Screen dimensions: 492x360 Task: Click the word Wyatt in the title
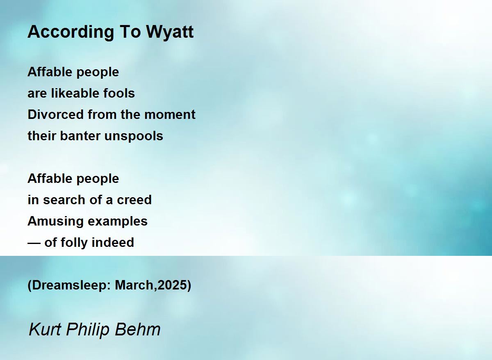point(170,32)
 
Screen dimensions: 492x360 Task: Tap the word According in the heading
point(71,32)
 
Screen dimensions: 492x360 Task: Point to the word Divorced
point(56,114)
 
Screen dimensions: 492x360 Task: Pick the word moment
point(170,115)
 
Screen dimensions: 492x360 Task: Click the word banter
point(80,136)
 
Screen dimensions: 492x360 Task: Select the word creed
point(134,200)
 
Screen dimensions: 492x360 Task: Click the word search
point(64,200)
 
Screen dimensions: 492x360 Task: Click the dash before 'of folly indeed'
point(34,243)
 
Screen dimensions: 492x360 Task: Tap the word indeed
point(113,242)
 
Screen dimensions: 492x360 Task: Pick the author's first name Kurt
point(45,330)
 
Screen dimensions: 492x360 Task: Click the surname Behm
point(138,330)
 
